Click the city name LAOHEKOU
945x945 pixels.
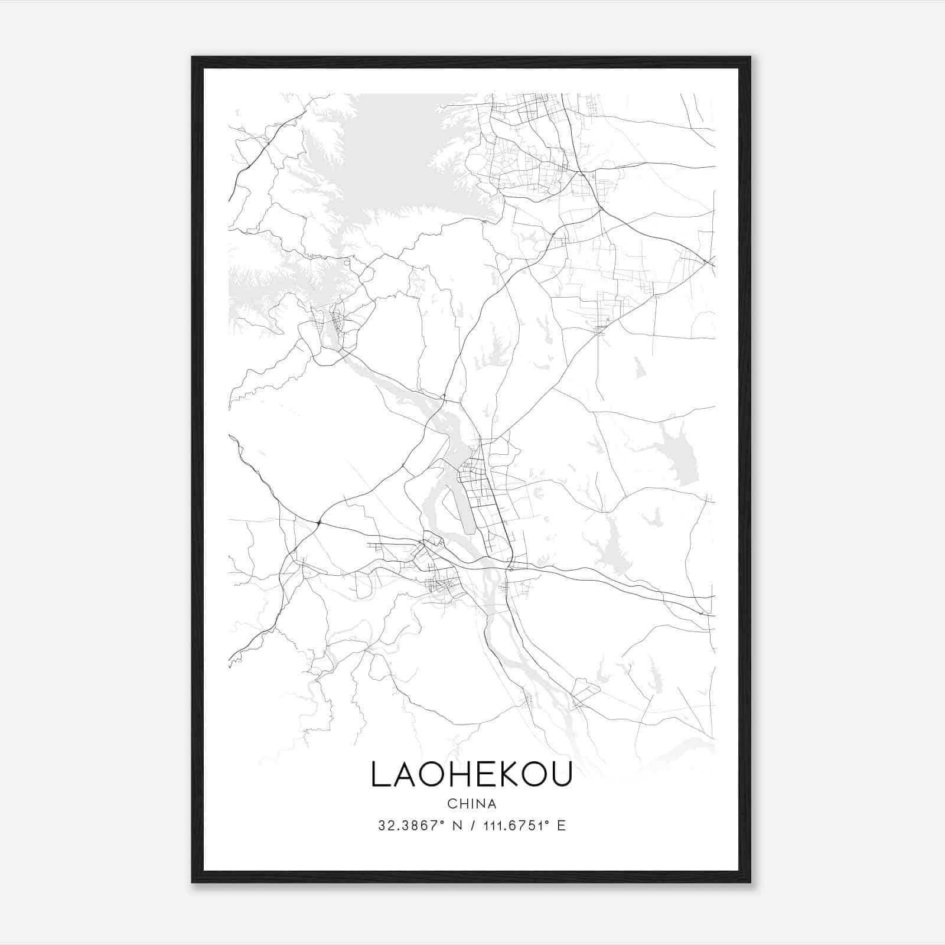point(471,774)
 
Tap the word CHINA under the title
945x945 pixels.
point(472,804)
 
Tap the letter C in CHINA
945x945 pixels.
point(451,804)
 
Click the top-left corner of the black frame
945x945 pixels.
point(193,58)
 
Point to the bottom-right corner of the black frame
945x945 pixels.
point(750,882)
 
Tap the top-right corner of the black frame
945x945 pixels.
point(750,58)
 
